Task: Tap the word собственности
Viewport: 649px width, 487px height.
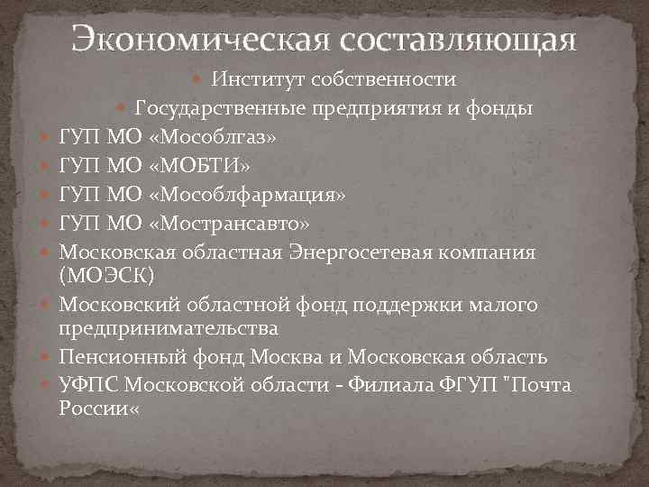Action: (382, 79)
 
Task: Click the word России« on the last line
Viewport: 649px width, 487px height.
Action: (99, 407)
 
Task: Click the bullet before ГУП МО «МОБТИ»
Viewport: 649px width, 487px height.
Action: (44, 169)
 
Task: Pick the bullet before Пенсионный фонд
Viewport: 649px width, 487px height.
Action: (44, 358)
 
